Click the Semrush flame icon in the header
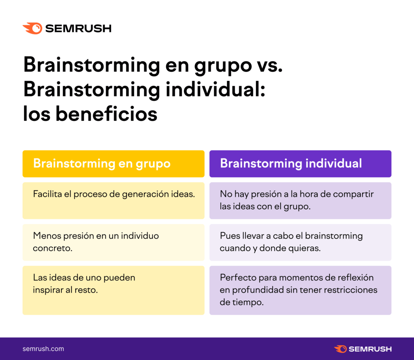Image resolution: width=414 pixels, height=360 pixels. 32,28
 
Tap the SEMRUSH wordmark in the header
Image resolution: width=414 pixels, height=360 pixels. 78,28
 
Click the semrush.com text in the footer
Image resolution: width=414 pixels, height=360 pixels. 43,349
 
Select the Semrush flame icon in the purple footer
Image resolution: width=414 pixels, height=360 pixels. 340,349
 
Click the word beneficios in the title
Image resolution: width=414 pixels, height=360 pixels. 106,114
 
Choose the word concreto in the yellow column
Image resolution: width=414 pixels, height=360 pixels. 53,248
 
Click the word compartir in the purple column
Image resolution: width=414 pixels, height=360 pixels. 353,194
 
